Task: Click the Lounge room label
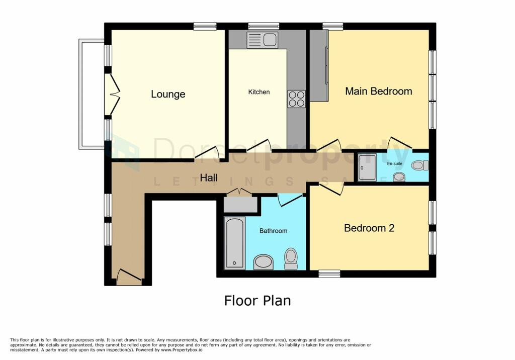point(168,94)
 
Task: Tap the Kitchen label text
point(259,92)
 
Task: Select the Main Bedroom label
point(378,91)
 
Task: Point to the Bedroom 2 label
point(369,228)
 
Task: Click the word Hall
point(209,177)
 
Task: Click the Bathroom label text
point(273,231)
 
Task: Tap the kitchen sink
point(263,40)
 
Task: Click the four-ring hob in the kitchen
point(296,99)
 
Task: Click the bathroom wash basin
point(263,261)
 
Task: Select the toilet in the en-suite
point(419,165)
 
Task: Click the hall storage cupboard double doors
point(240,192)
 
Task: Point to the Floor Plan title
point(257,301)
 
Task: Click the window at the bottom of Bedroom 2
point(329,274)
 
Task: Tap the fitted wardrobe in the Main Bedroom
point(318,65)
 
